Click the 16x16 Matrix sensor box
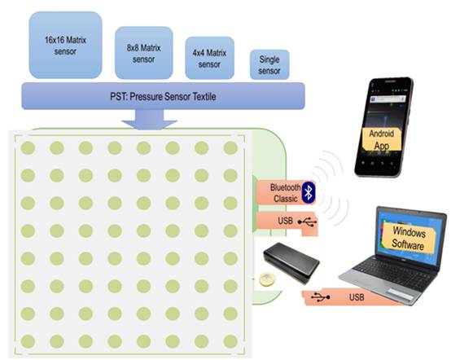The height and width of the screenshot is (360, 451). (66, 45)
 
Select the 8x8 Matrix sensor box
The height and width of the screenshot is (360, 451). (144, 53)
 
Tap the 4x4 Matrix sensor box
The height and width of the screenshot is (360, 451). (209, 58)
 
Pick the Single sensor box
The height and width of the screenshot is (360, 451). (269, 64)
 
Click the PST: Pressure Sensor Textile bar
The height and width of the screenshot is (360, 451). (163, 96)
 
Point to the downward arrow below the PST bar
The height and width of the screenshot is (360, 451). (149, 120)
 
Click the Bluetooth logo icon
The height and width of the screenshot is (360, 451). (309, 192)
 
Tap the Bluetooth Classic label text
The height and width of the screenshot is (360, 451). (285, 193)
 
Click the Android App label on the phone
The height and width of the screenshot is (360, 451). (382, 139)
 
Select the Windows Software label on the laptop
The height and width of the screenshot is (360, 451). (409, 239)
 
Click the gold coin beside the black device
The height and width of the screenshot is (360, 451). (267, 279)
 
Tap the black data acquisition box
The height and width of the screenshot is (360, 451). (291, 262)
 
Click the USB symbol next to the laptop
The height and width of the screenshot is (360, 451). (321, 296)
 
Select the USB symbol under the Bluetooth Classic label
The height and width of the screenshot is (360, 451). (307, 222)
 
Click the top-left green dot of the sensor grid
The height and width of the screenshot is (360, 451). (28, 148)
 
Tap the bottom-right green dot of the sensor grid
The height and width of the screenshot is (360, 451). (230, 341)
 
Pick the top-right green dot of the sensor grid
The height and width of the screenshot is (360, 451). (230, 148)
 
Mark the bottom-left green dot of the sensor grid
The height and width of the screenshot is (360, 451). (28, 341)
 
